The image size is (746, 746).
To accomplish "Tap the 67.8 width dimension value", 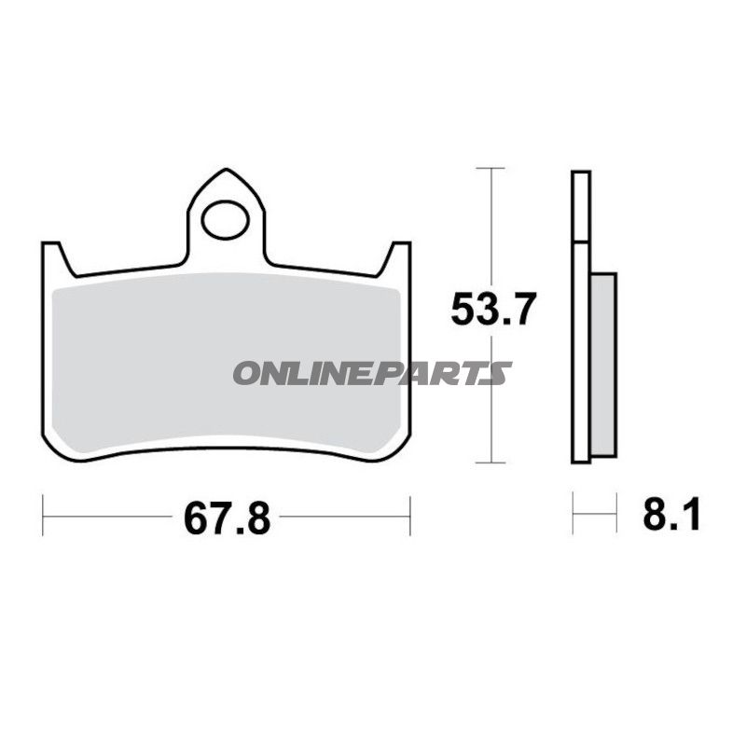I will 227,518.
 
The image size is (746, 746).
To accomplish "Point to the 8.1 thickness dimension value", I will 671,514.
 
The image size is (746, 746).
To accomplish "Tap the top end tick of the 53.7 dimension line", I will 490,168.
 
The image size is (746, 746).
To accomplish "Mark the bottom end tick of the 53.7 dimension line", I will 490,463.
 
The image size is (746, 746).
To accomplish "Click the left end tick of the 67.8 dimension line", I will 43,516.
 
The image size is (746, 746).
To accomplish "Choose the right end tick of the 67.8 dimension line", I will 409,516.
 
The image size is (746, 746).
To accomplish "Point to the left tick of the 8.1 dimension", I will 573,514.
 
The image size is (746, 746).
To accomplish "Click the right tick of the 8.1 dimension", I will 616,514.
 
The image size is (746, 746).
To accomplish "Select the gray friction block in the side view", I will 603,364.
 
